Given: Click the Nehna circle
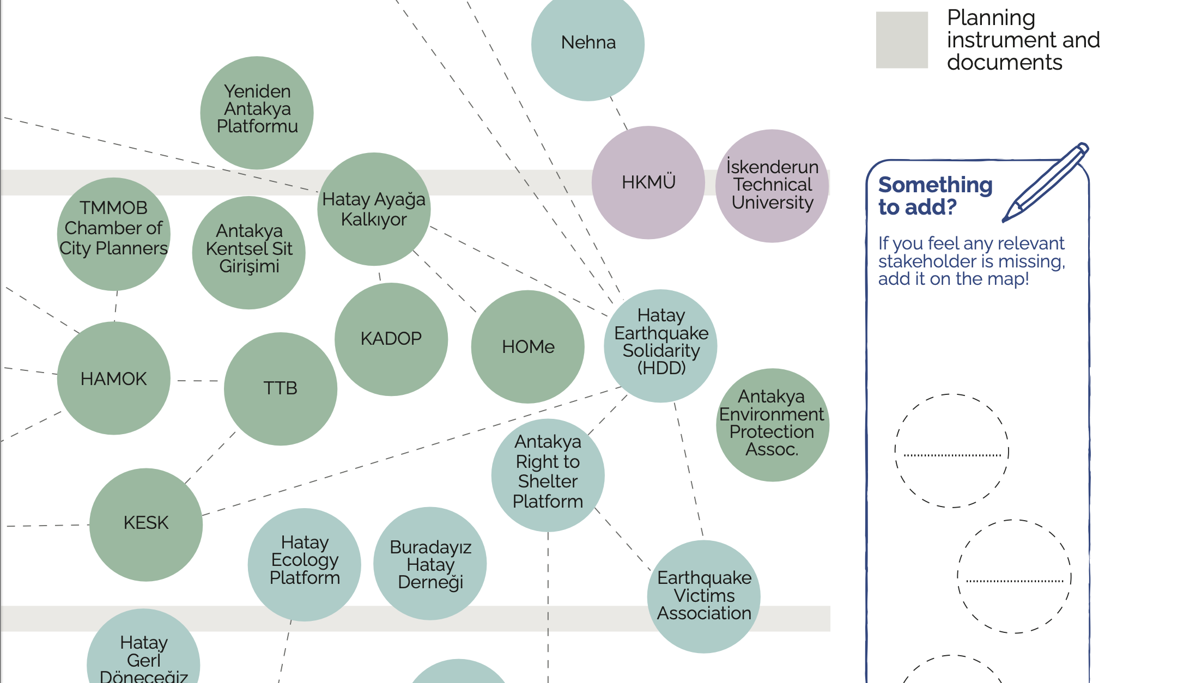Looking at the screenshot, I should pyautogui.click(x=588, y=44).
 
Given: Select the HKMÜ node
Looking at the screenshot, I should pyautogui.click(x=648, y=182).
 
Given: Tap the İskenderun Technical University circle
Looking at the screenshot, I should pyautogui.click(x=772, y=186).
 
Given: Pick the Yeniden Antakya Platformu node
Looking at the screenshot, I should pyautogui.click(x=257, y=113).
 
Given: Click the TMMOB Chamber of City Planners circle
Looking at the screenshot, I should pyautogui.click(x=114, y=234).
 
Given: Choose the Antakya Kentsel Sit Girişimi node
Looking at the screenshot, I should pyautogui.click(x=249, y=253).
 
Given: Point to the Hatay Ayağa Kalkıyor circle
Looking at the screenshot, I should pyautogui.click(x=374, y=209).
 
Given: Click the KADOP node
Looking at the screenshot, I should pyautogui.click(x=391, y=339).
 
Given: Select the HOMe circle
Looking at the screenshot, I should pyautogui.click(x=528, y=347).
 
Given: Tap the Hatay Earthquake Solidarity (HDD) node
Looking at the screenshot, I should pyautogui.click(x=661, y=346).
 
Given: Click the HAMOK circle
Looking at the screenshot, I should pyautogui.click(x=114, y=379).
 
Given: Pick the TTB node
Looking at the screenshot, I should pyautogui.click(x=281, y=389).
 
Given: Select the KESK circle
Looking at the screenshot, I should pyautogui.click(x=146, y=525).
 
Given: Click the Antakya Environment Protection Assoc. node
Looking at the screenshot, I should pyautogui.click(x=772, y=425).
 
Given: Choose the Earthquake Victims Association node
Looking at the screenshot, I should pyautogui.click(x=704, y=596).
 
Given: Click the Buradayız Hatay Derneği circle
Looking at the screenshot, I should pyautogui.click(x=430, y=564).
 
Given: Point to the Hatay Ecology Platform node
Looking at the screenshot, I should pyautogui.click(x=305, y=564).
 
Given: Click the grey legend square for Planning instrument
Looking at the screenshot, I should pyautogui.click(x=902, y=40).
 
